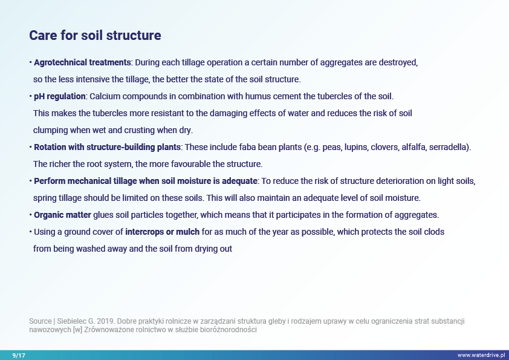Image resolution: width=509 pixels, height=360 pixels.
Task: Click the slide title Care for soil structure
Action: (x=95, y=36)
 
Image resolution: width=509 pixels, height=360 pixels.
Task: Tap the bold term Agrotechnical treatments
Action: (x=82, y=62)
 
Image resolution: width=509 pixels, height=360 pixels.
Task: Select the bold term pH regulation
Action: (x=60, y=96)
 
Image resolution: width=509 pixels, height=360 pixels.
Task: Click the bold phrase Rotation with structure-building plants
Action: (x=107, y=147)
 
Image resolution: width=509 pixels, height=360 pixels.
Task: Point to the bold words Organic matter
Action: (x=62, y=215)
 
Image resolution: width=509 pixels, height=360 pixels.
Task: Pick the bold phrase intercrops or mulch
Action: (x=162, y=232)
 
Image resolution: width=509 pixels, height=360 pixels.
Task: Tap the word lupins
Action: (x=356, y=148)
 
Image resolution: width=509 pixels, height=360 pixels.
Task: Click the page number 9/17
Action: (x=19, y=355)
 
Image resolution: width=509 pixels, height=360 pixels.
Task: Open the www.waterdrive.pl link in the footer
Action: (x=481, y=355)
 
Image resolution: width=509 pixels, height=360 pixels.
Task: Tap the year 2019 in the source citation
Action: (x=105, y=321)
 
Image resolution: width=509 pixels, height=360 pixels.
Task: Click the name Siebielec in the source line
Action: (x=71, y=321)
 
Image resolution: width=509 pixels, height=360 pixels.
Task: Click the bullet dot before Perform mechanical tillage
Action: (x=30, y=181)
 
